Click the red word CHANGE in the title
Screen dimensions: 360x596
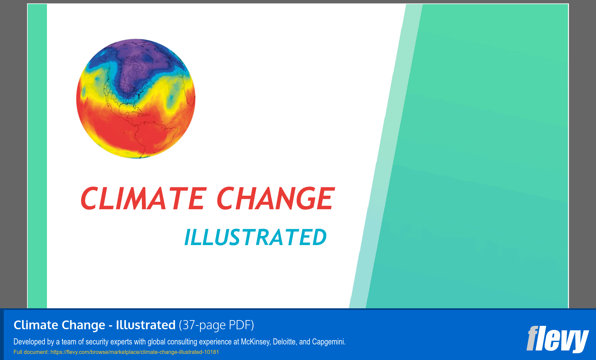(x=275, y=199)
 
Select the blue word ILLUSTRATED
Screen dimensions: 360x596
(x=255, y=237)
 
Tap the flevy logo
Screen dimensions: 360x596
(x=557, y=339)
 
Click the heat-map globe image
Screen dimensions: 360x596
(x=136, y=98)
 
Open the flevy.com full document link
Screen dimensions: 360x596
(x=134, y=352)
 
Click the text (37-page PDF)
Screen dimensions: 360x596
(x=216, y=325)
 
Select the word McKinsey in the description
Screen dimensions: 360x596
(x=255, y=342)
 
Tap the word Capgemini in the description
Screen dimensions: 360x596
(x=328, y=342)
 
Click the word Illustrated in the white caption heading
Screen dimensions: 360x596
(x=146, y=325)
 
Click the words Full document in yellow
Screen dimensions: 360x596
(x=31, y=352)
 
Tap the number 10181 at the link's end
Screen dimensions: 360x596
(x=211, y=352)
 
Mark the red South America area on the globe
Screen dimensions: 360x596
(x=149, y=135)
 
